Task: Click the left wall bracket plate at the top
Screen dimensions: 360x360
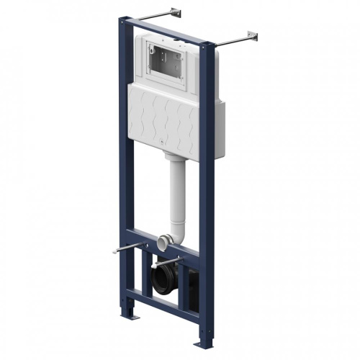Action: pos(176,12)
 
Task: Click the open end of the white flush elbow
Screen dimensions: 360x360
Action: pos(164,240)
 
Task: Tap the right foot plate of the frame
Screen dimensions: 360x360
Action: pos(204,343)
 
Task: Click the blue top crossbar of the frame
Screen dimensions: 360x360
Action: pos(169,32)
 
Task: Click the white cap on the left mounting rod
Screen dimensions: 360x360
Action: pos(115,251)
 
